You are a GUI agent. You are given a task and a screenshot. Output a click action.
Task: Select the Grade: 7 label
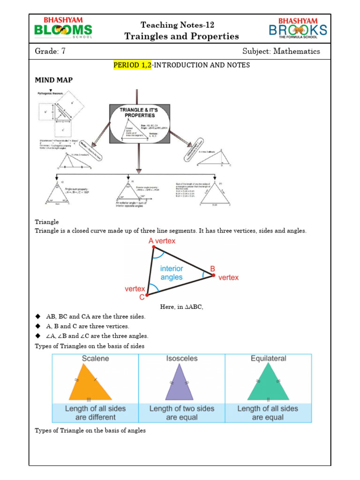[x=50, y=51]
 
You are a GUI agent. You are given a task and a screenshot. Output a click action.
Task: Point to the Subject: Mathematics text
[x=281, y=51]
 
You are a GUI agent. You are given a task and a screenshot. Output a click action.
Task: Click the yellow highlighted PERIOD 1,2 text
[x=133, y=65]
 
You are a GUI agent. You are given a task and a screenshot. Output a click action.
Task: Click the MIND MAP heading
[x=53, y=80]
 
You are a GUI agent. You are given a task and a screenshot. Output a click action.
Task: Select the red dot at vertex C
[x=147, y=295]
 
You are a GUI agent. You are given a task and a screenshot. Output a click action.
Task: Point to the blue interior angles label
[x=171, y=273]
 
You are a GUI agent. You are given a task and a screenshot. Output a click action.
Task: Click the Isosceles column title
[x=182, y=359]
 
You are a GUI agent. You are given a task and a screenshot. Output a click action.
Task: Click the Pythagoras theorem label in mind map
[x=52, y=94]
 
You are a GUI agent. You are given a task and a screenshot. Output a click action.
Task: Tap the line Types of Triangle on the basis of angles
[x=90, y=430]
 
